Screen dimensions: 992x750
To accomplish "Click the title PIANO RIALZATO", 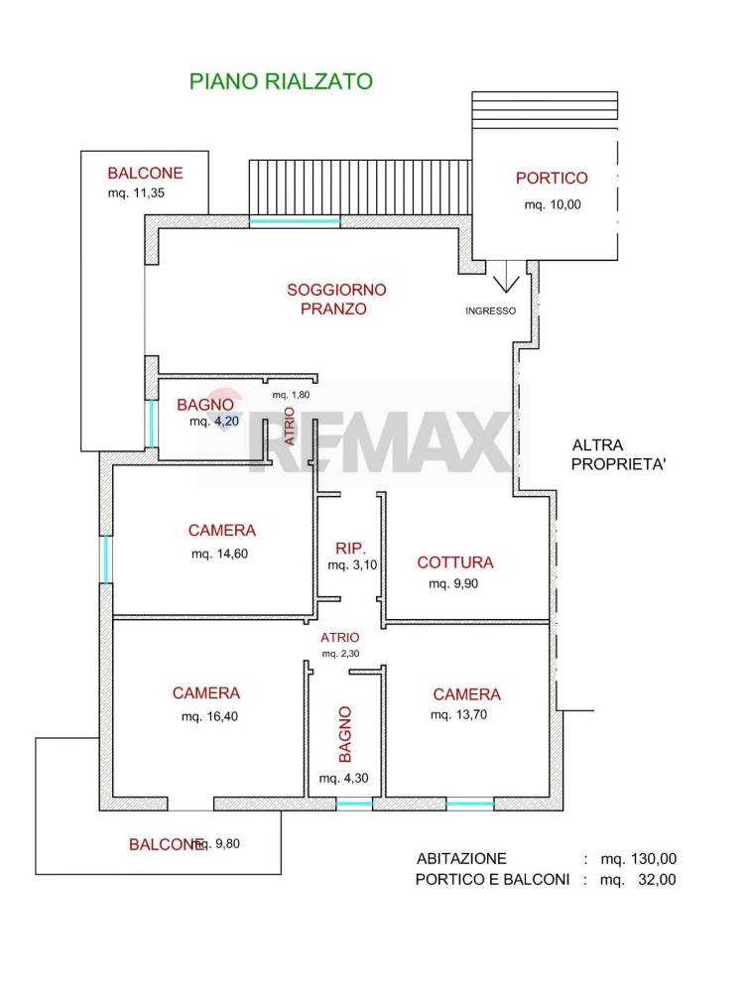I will point(281,81).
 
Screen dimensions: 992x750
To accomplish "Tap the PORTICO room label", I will point(552,179).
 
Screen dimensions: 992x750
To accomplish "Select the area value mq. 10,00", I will point(552,205).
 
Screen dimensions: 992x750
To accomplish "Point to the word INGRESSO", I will point(491,310).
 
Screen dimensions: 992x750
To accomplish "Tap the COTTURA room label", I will point(454,562).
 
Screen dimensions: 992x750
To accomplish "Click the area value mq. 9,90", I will point(453,584).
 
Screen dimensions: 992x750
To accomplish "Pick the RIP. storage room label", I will point(351,548).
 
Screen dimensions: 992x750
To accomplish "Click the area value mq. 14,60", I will point(219,554).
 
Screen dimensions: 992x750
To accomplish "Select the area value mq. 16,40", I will point(206,716).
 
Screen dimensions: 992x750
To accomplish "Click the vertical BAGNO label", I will point(344,732).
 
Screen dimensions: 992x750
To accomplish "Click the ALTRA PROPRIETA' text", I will point(618,454).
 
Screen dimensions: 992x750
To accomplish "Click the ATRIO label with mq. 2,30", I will point(340,638).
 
